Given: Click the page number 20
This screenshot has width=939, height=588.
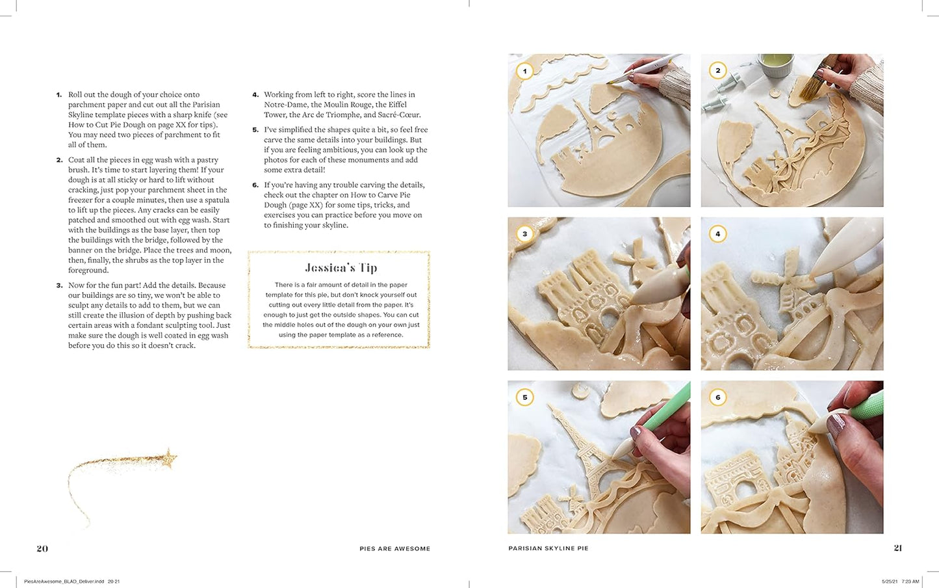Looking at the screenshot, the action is [42, 548].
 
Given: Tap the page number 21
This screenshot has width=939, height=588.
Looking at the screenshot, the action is [897, 548].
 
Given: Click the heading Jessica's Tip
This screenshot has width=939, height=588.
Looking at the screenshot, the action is [341, 268].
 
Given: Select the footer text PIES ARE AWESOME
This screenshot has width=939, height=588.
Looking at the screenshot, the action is [395, 548].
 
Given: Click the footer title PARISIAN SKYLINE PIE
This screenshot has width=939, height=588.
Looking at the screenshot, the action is [548, 548].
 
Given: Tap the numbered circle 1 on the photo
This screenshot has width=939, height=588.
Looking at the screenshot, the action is [524, 71].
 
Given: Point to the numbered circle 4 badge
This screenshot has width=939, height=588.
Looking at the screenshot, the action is [717, 234].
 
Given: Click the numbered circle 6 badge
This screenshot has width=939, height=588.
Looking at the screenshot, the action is [717, 397].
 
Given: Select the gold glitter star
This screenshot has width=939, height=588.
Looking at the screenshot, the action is [170, 459].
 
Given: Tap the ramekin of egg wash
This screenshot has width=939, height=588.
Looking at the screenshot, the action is [775, 64].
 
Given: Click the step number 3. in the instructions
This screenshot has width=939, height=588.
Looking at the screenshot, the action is [59, 286].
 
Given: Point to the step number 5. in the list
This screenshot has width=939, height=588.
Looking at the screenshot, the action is [255, 130].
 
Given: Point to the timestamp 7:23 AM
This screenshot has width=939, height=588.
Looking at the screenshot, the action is [909, 581].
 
